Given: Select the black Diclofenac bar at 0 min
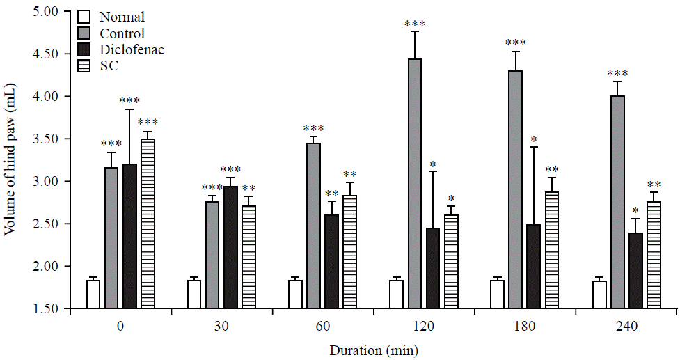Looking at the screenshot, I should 129,236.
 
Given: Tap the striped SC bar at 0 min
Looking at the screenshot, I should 148,224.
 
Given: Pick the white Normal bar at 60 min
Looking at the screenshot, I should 295,294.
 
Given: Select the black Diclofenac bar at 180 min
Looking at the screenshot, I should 533,266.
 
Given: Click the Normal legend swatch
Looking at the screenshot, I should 84,17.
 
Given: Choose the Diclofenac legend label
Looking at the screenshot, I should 132,50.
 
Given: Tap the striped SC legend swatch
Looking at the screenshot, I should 84,65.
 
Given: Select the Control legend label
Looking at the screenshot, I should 123,33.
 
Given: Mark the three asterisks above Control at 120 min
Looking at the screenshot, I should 414,24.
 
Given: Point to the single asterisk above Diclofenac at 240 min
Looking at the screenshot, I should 635,211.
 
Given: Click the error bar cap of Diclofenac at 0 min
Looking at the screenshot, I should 129,109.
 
